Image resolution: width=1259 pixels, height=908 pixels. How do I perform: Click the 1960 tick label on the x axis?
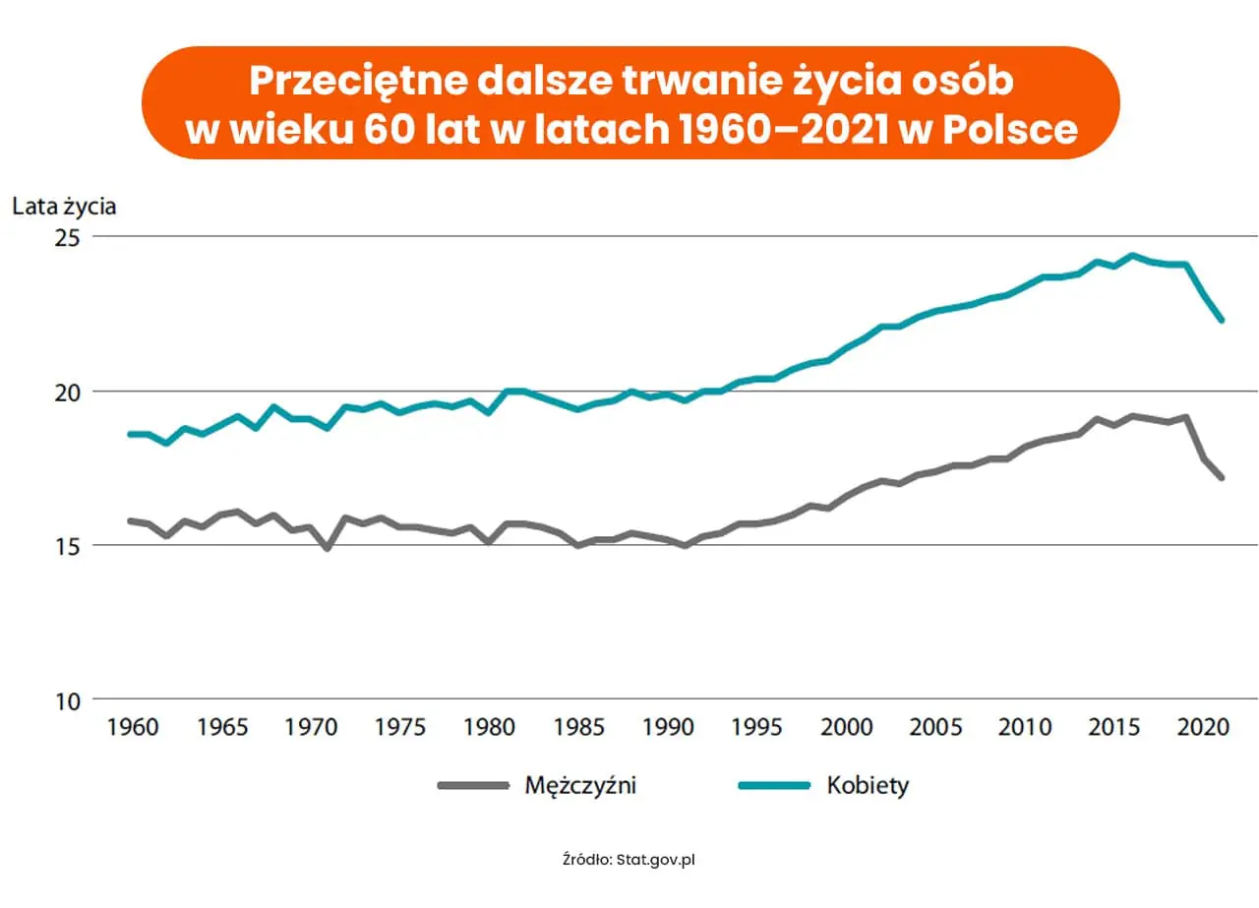pos(132,729)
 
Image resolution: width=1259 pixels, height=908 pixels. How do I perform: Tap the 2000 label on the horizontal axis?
pos(847,729)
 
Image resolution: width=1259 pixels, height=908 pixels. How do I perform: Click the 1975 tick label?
pos(400,729)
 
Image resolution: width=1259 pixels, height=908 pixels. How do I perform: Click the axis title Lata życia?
pos(64,206)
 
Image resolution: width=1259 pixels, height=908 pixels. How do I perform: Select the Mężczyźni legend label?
pos(580,785)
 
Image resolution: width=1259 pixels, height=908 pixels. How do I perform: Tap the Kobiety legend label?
pos(868,785)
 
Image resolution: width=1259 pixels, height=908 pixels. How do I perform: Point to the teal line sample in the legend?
pos(774,785)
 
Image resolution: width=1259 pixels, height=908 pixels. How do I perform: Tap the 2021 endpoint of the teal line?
pos(1222,320)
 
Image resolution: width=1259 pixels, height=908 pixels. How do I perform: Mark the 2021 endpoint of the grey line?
pos(1222,478)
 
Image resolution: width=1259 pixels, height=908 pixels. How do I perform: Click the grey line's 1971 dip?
pos(328,548)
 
